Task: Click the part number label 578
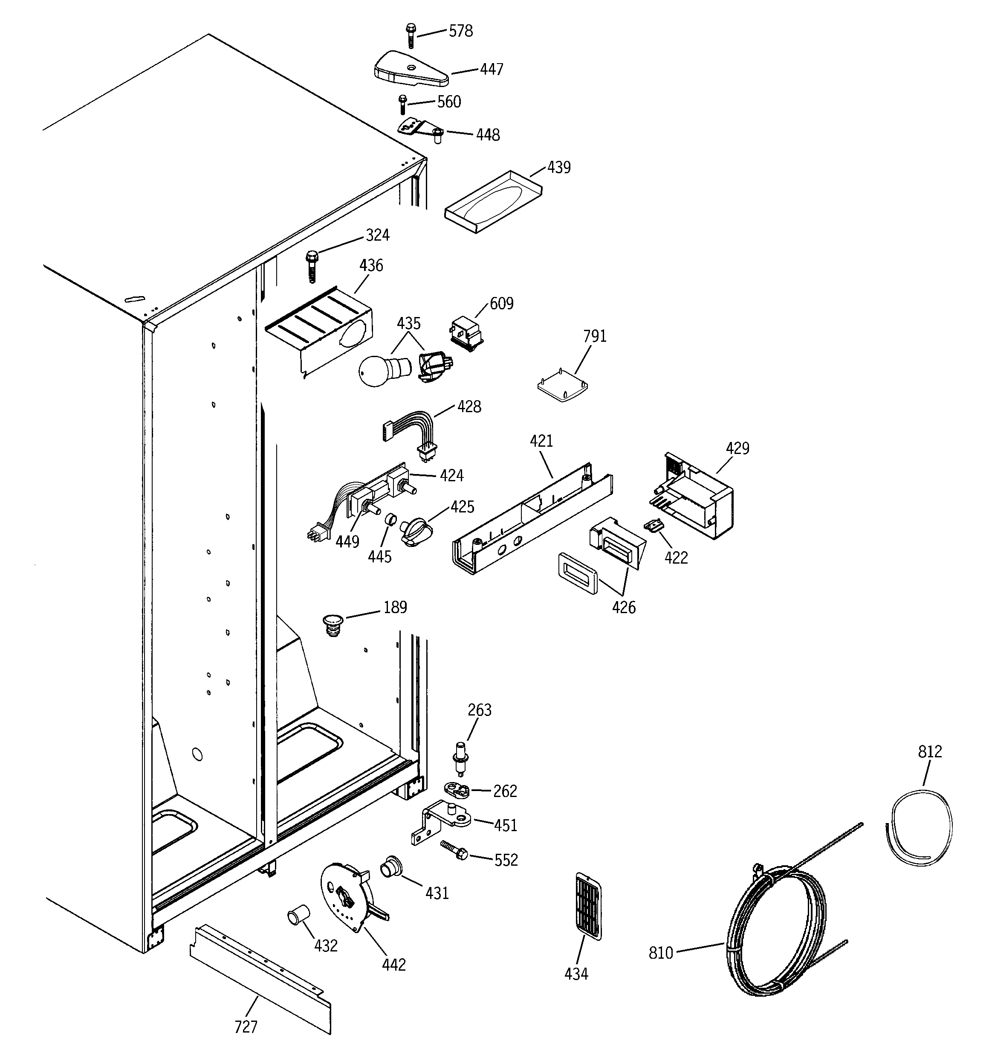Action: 460,31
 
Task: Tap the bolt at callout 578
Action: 411,35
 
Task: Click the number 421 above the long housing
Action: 541,441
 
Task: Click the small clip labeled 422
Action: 654,525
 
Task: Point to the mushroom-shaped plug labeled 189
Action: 333,624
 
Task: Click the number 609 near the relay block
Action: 501,303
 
